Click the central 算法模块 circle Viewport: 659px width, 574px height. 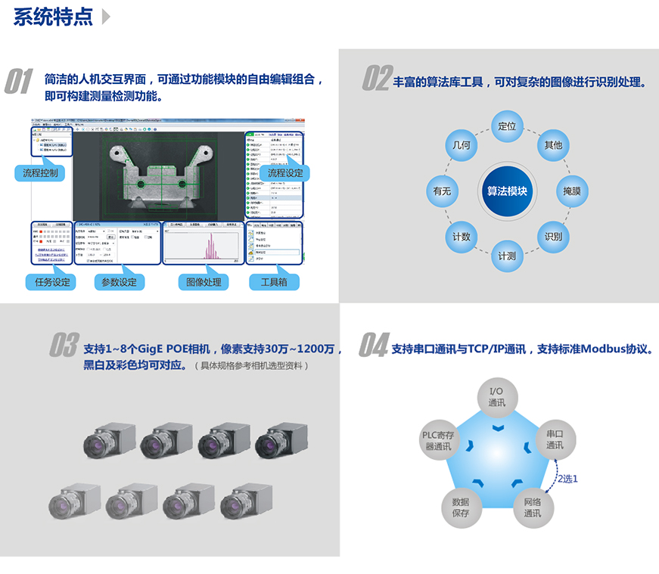(506, 191)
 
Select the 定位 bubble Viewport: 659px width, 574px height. (506, 126)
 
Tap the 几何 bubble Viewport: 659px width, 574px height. (461, 144)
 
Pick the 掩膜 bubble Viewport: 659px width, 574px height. (572, 191)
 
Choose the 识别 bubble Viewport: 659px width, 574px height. (553, 237)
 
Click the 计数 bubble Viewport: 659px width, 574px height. (461, 237)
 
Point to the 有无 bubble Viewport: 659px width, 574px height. (442, 191)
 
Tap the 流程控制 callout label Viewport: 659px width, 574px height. (40, 172)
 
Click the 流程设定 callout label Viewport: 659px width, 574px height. (284, 172)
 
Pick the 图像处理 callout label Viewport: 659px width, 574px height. (204, 282)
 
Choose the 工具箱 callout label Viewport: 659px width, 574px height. (274, 282)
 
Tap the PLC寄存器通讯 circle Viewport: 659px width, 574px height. (438, 440)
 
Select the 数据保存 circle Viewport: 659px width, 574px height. (461, 507)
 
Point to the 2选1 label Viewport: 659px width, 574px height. (567, 478)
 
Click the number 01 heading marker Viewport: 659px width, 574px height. (20, 81)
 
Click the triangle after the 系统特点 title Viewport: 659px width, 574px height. (105, 17)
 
